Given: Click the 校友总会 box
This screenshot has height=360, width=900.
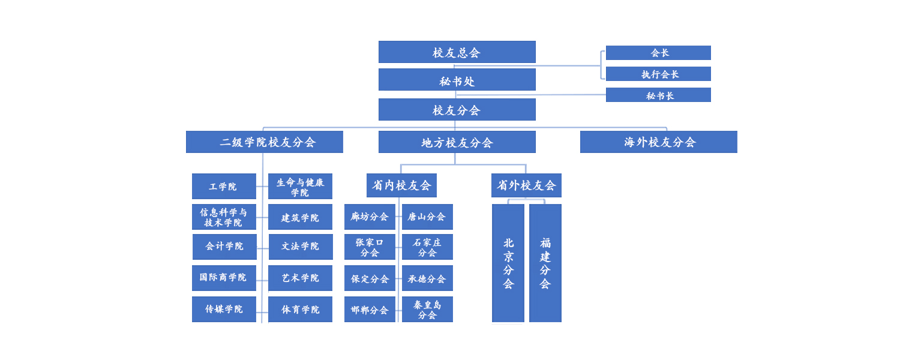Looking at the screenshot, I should click(457, 52).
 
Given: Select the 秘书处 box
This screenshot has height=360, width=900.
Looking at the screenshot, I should click(457, 80).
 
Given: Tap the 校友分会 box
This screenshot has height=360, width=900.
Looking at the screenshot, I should click(457, 110).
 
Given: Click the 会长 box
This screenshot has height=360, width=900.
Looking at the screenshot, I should click(658, 53).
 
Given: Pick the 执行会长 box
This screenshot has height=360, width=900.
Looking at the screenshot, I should click(658, 74).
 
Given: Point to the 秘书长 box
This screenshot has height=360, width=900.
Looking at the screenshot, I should click(658, 95).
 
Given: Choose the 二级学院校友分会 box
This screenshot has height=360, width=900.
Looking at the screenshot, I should click(265, 142).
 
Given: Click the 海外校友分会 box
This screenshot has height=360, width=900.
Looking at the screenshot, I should click(658, 142).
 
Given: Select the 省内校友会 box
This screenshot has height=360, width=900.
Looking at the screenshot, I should click(401, 185).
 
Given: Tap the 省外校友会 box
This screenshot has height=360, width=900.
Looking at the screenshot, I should click(526, 185).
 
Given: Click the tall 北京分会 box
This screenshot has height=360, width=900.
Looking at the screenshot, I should click(508, 263).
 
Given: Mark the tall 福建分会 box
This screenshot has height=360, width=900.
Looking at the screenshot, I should click(545, 263).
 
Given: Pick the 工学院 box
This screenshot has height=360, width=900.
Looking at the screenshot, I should click(224, 187).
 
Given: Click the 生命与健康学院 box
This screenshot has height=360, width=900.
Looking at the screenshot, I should click(300, 187).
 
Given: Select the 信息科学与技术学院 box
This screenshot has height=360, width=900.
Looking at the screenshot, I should click(224, 217).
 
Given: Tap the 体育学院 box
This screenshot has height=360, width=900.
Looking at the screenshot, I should click(300, 310).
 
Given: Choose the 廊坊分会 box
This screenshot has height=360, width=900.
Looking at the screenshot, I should click(370, 217).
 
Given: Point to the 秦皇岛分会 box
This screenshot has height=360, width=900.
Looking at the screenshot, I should click(427, 310).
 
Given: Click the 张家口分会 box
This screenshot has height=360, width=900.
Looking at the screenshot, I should click(370, 247).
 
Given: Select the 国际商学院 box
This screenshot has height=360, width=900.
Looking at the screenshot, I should click(224, 278).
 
